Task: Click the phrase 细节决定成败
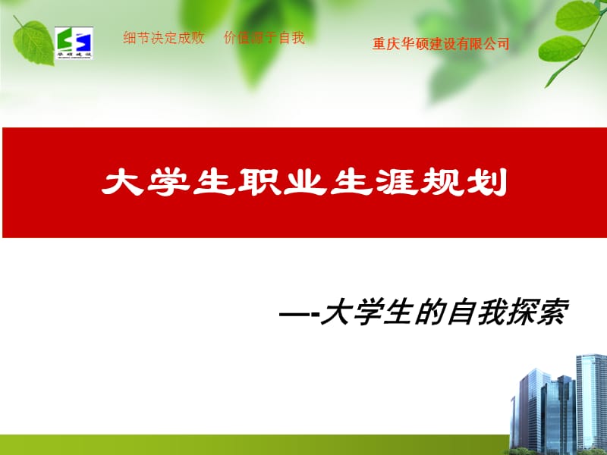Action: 164,39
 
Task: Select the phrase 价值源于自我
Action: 264,39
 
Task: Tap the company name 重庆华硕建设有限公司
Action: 441,44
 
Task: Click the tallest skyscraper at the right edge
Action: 591,402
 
